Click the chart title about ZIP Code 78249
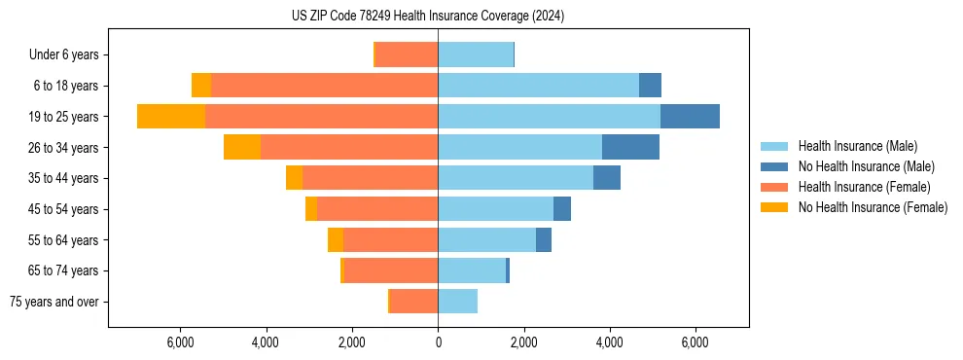click(428, 16)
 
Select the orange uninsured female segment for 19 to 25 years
click(171, 117)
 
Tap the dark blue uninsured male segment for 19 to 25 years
click(690, 117)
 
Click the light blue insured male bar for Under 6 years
click(476, 54)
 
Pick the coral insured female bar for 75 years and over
click(413, 302)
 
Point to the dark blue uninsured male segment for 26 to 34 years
click(630, 147)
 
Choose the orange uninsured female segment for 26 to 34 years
click(242, 147)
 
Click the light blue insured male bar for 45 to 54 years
click(495, 209)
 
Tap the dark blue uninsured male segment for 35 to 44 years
click(607, 178)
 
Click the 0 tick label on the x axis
click(438, 342)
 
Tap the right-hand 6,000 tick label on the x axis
click(695, 342)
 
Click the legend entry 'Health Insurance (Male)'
click(857, 146)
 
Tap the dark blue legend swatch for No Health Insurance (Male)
click(774, 166)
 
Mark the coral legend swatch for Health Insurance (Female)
click(774, 187)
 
